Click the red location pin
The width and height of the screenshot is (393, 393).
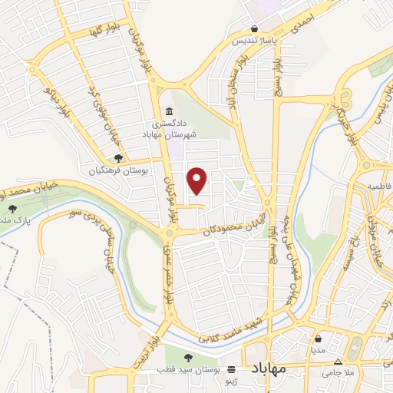(x=198, y=181)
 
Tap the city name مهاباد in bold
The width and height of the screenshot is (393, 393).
(x=268, y=368)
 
